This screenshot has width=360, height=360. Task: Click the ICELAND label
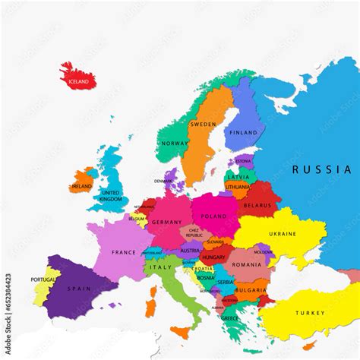pyautogui.click(x=78, y=81)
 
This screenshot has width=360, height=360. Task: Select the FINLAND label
pyautogui.click(x=244, y=132)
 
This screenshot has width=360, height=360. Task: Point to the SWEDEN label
pyautogui.click(x=203, y=124)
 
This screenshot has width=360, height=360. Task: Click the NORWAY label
pyautogui.click(x=175, y=143)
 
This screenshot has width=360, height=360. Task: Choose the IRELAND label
pyautogui.click(x=81, y=186)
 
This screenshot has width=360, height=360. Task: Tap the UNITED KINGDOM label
pyautogui.click(x=111, y=197)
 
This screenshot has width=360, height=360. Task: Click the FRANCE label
pyautogui.click(x=123, y=252)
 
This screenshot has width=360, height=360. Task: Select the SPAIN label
pyautogui.click(x=78, y=289)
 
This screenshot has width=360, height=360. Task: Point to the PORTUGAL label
pyautogui.click(x=43, y=280)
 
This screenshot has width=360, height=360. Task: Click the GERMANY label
pyautogui.click(x=166, y=222)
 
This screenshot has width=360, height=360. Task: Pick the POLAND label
pyautogui.click(x=214, y=216)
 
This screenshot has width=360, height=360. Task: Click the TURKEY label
pyautogui.click(x=309, y=313)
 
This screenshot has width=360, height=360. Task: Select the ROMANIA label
pyautogui.click(x=246, y=264)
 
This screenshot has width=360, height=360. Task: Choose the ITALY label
pyautogui.click(x=160, y=267)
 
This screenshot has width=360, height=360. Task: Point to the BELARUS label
pyautogui.click(x=258, y=205)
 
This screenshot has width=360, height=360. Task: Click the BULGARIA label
pyautogui.click(x=251, y=290)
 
